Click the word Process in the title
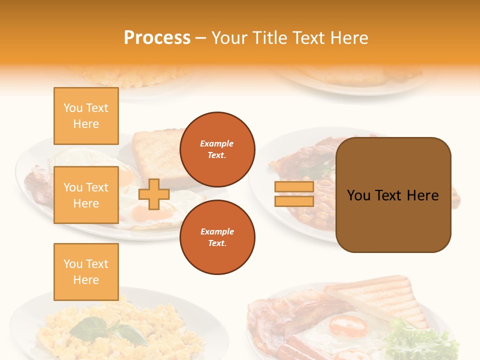click(157, 38)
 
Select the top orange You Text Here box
click(86, 116)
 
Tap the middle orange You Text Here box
click(86, 195)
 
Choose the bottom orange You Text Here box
click(86, 272)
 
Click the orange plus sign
click(154, 194)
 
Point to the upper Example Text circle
click(217, 149)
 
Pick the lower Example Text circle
click(217, 237)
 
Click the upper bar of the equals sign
click(294, 187)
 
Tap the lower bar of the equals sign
click(294, 201)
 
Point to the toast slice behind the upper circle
click(155, 150)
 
